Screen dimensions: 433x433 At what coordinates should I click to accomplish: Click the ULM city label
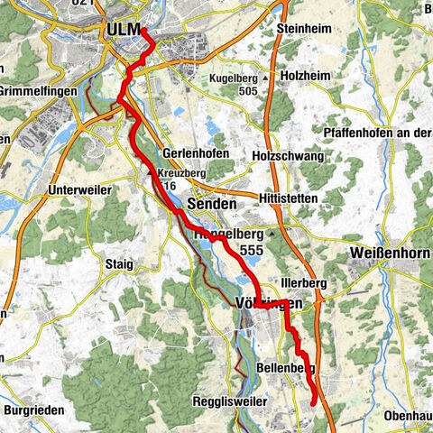click(x=124, y=30)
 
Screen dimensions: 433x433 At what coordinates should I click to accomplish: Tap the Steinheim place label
click(x=304, y=29)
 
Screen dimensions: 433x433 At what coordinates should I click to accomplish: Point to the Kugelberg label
click(x=236, y=78)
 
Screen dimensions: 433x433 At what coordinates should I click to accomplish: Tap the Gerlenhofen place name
click(x=196, y=153)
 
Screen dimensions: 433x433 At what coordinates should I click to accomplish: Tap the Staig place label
click(x=118, y=264)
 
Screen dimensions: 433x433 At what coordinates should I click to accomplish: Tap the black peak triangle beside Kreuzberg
click(x=152, y=169)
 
